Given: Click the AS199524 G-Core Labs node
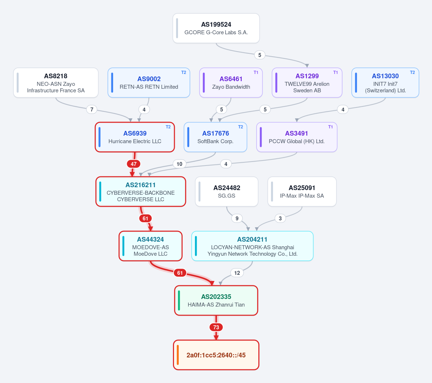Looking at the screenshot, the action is [x=216, y=28].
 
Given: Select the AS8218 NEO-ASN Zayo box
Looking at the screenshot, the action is [x=56, y=83].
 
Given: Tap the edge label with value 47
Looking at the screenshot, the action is [x=134, y=164].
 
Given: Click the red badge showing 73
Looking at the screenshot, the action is [x=216, y=327].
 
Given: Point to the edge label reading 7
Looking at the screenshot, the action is [x=92, y=110].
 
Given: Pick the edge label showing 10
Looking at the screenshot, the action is [x=179, y=164].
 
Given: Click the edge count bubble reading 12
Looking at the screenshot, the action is [x=237, y=273].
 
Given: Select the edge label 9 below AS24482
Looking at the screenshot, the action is [x=237, y=219].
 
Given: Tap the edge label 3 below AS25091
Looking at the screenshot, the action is [x=280, y=219].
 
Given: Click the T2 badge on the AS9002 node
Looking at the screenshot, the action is [x=183, y=72].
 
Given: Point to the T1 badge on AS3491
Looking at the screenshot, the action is [x=330, y=127].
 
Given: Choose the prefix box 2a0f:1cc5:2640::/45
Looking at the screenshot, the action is [x=216, y=355].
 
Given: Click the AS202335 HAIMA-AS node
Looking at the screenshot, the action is [x=216, y=300].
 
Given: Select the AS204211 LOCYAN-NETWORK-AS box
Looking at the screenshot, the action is [x=252, y=246].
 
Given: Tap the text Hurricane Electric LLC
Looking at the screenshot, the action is [x=135, y=141].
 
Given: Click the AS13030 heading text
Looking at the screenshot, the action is [x=385, y=76].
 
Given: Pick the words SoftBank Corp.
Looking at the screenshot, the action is [x=215, y=141].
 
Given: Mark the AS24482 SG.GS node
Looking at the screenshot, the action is [x=227, y=191].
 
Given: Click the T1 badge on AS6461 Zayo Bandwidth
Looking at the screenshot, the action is [x=256, y=72].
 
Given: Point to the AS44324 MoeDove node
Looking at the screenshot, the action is [x=151, y=246].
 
